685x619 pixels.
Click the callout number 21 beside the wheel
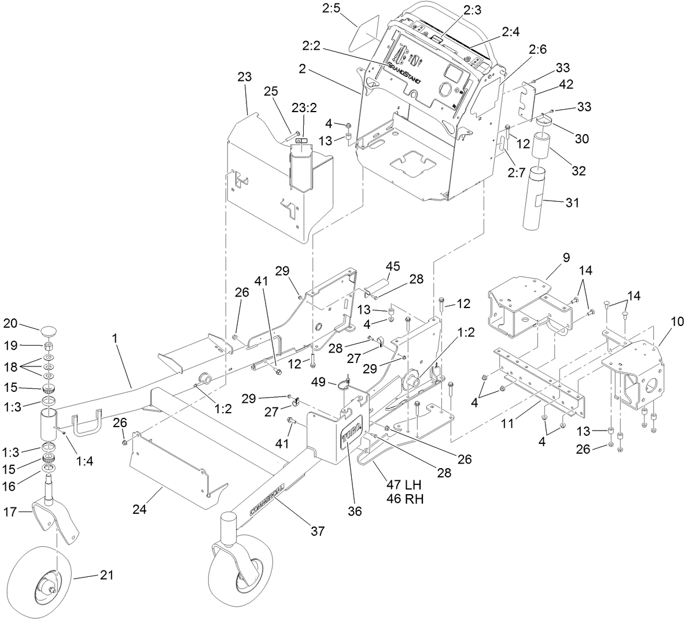coord(106,575)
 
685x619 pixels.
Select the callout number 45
coord(393,266)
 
